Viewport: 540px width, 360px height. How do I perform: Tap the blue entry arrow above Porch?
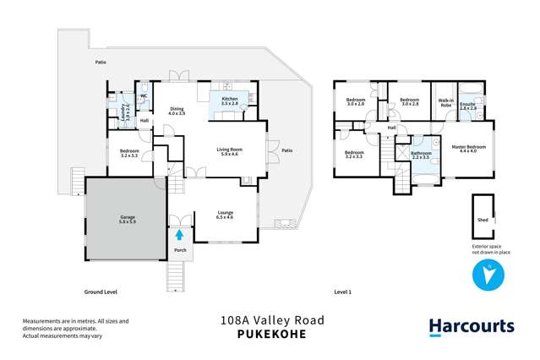[178, 235]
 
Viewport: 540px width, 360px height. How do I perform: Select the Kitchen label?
[230, 101]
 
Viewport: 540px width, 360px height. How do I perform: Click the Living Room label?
[229, 150]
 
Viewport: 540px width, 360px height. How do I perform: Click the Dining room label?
[177, 111]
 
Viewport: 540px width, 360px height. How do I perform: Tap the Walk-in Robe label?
[445, 104]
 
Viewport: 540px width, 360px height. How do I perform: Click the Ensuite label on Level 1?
[468, 106]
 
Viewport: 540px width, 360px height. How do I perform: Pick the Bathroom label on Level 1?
[421, 155]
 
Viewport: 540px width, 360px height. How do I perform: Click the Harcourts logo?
[471, 326]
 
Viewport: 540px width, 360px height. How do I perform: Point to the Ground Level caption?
[100, 292]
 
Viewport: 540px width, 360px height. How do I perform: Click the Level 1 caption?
[342, 292]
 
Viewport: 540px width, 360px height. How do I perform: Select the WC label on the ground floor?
[144, 96]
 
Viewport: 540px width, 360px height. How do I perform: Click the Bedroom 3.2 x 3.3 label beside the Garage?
[128, 154]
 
